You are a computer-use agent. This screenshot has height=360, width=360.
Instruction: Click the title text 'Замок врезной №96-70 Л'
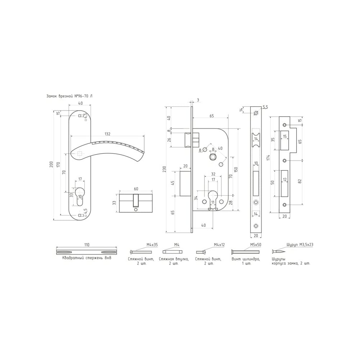[x=69, y=96]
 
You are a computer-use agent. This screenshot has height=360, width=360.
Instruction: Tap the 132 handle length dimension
[x=107, y=134]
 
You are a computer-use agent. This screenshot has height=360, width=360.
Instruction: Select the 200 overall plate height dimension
[x=51, y=164]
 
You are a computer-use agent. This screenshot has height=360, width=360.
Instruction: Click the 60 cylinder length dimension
[x=136, y=189]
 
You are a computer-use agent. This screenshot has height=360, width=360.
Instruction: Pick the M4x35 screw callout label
[x=152, y=245]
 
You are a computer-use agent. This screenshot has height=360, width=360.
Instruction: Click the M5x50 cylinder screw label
[x=256, y=245]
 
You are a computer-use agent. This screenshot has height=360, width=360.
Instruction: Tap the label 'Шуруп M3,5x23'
[x=300, y=245]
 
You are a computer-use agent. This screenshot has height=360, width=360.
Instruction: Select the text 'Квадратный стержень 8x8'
[x=86, y=258]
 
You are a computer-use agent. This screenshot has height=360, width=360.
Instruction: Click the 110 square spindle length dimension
[x=86, y=245]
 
